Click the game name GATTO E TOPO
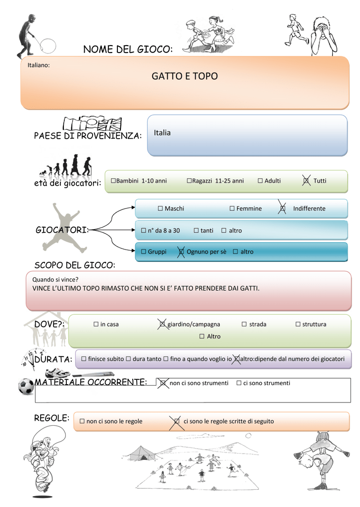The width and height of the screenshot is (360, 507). tap(185, 76)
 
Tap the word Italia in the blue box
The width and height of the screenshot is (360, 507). tap(162, 133)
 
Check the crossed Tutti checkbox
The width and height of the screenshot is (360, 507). tap(306, 181)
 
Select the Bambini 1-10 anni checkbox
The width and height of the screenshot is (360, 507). tap(113, 180)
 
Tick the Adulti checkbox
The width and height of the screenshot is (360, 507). tap(260, 181)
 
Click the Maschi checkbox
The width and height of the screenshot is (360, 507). tap(160, 208)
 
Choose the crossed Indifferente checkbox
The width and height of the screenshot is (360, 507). tap(282, 208)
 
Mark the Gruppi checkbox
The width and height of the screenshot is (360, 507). tap(144, 252)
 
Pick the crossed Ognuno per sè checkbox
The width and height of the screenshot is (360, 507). tap(181, 252)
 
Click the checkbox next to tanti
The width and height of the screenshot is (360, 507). tap(196, 231)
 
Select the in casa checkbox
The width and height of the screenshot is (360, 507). tap(96, 324)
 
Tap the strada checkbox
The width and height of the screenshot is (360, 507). tap(244, 324)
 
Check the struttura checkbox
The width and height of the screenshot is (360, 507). tap(298, 324)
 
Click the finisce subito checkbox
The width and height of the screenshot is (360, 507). tap(84, 359)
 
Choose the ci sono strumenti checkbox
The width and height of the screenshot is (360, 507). tap(239, 383)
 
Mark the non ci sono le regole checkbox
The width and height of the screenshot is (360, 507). tap(82, 421)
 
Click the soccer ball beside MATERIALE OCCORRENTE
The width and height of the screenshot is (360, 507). tap(26, 386)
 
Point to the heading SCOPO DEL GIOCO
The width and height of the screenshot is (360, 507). tap(75, 265)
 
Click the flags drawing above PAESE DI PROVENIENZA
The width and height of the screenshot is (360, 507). tap(93, 124)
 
